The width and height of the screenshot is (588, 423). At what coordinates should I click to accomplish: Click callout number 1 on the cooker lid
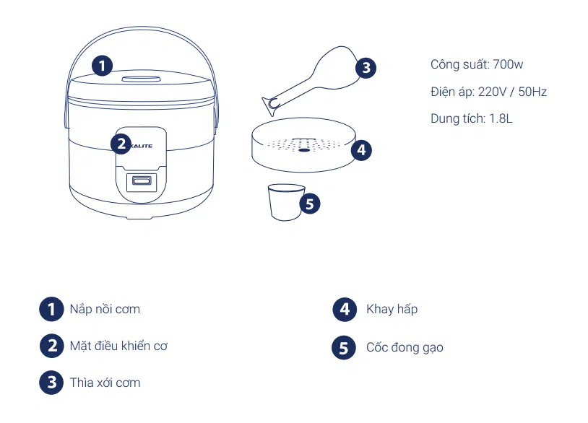(x=102, y=66)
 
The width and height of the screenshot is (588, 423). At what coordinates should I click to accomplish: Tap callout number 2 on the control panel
(x=121, y=144)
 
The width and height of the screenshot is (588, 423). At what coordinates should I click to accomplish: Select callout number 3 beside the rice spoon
(x=366, y=68)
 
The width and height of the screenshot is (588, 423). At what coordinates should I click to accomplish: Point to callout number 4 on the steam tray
(x=361, y=150)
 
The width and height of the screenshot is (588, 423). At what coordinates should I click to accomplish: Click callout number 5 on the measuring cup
(x=310, y=204)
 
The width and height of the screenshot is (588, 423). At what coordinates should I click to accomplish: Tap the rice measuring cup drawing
(x=286, y=202)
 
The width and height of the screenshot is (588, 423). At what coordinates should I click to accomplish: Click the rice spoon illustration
(x=311, y=79)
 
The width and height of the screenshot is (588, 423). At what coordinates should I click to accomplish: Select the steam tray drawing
(x=303, y=144)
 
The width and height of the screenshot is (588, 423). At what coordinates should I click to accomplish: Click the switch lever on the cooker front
(x=142, y=182)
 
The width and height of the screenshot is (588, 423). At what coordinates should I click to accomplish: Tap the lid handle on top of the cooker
(x=141, y=79)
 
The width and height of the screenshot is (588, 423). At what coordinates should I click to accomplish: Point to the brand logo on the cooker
(x=142, y=146)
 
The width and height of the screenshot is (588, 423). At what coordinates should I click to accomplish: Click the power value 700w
(x=508, y=64)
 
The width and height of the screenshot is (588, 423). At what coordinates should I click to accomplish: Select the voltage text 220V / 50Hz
(x=512, y=92)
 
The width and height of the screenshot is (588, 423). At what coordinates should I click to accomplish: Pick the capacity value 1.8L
(x=501, y=119)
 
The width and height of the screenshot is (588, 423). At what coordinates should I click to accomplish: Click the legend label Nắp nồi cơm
(x=105, y=309)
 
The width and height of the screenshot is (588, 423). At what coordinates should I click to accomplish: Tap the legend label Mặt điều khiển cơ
(x=118, y=346)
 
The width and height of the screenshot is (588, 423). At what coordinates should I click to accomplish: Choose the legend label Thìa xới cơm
(x=105, y=383)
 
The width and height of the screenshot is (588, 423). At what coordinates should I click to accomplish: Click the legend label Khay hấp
(x=392, y=309)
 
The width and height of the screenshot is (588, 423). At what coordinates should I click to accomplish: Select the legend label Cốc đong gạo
(x=405, y=347)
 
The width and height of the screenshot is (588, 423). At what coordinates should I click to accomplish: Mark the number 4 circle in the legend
(x=345, y=310)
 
